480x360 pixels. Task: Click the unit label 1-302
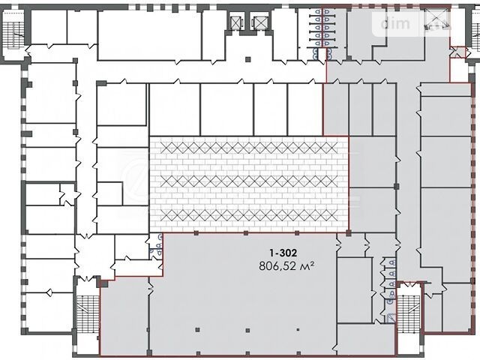point(283,253)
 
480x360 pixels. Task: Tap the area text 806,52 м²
point(286,265)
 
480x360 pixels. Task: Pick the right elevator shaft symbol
point(259,22)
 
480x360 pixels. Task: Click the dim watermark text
point(395,23)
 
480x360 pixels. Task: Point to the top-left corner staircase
point(13,30)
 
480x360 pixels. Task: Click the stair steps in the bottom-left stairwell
point(88,313)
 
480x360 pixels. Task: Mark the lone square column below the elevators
point(248,59)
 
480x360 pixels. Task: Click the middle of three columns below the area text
point(247,330)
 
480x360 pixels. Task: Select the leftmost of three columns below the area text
point(197,330)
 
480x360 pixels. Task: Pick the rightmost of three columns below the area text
point(298,330)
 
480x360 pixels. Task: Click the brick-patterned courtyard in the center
point(249,184)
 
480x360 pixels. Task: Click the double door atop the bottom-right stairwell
point(408,285)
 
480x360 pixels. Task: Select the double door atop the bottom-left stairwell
point(88,278)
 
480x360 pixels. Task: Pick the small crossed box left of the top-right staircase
point(457,52)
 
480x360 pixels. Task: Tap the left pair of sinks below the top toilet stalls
point(315,54)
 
